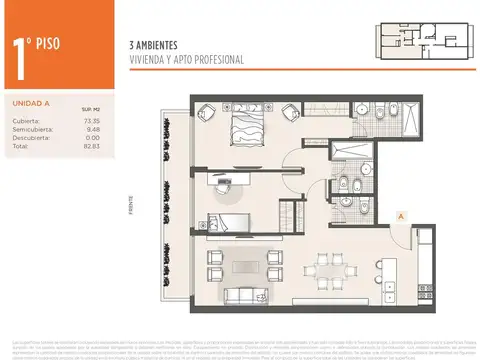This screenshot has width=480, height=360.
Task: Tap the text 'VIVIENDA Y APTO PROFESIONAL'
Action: [x=186, y=60]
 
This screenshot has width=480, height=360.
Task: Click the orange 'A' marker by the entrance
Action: [x=400, y=215]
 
